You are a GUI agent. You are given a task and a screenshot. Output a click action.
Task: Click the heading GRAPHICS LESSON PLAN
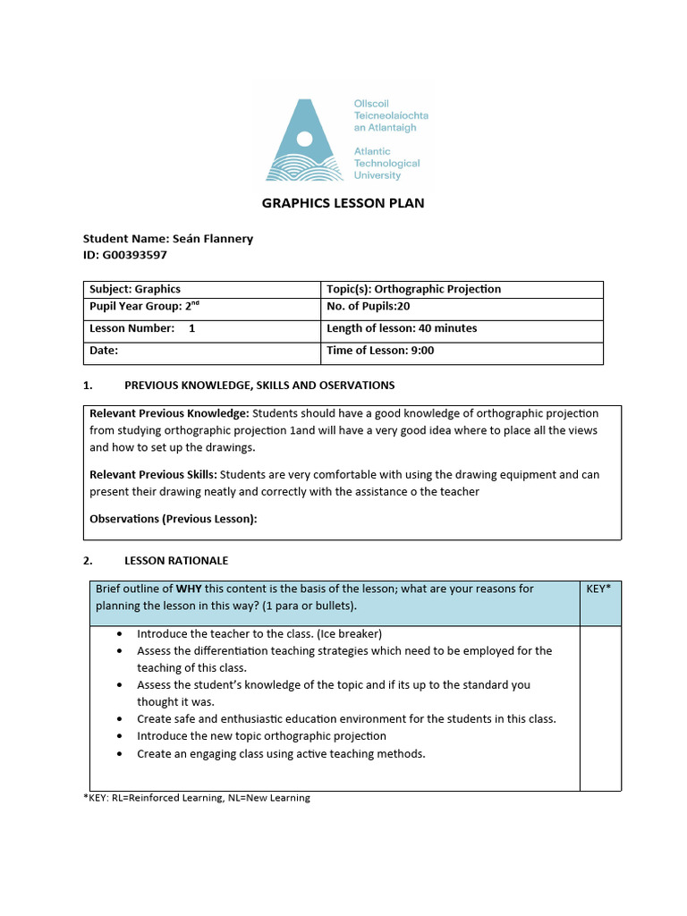[343, 203]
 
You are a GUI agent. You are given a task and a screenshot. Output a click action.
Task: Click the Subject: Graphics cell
[135, 289]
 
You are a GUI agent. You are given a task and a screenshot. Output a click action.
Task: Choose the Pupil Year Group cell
[141, 306]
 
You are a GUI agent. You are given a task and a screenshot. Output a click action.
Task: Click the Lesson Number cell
[141, 328]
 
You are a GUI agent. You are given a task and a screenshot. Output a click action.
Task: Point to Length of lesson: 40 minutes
[402, 328]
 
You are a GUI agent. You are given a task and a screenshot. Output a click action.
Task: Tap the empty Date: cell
[201, 351]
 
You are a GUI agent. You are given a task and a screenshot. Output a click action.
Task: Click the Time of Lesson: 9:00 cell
[380, 351]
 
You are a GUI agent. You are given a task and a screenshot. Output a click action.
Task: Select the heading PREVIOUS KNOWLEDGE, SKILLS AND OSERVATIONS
[259, 386]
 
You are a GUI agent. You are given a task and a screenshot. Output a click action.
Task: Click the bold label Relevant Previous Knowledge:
[169, 413]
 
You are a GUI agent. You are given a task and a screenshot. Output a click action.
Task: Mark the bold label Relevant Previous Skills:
[153, 475]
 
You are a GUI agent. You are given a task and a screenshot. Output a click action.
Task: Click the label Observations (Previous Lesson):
[173, 519]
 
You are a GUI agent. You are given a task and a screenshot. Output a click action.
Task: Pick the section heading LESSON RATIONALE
[175, 561]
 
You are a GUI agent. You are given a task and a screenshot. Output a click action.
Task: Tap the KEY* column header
[598, 589]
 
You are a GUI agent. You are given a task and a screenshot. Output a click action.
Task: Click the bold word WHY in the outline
[188, 589]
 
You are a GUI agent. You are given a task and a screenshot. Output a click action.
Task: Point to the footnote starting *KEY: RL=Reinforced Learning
[196, 798]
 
